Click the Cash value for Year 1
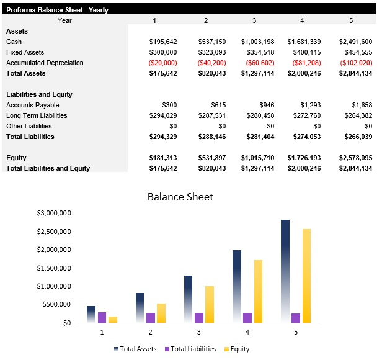point(163,42)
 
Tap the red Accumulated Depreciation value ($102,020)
point(356,63)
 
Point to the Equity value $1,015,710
point(257,158)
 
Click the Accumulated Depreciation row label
point(45,63)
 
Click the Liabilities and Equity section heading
point(39,94)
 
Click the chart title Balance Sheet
point(180,197)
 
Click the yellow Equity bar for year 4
point(259,291)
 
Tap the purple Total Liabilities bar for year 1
point(102,317)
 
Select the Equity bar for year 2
point(161,313)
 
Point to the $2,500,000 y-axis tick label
point(53,232)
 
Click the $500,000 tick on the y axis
point(57,305)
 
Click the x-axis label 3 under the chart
point(198,333)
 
